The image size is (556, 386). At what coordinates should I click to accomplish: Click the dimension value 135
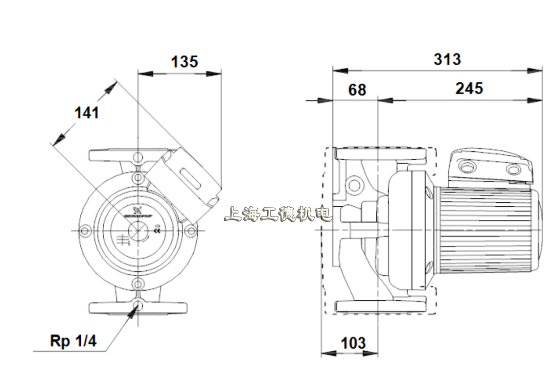(184, 62)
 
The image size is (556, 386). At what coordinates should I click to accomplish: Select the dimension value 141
(87, 113)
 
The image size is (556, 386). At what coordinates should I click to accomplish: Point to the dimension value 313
(447, 59)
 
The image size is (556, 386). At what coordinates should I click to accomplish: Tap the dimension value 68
(357, 90)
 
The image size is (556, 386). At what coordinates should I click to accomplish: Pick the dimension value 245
(469, 88)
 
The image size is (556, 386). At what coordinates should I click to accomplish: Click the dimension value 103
(352, 343)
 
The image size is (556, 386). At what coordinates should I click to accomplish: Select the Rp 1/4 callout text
(73, 341)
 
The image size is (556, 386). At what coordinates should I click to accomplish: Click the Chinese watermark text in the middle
(278, 214)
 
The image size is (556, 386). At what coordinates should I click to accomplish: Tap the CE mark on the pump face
(157, 229)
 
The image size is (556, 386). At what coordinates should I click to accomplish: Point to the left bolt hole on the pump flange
(85, 231)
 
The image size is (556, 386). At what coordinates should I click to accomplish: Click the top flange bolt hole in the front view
(138, 157)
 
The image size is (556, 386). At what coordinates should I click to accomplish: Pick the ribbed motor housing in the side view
(485, 230)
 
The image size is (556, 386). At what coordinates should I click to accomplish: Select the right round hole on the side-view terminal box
(513, 170)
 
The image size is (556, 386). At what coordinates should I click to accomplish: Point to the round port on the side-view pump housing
(354, 186)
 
